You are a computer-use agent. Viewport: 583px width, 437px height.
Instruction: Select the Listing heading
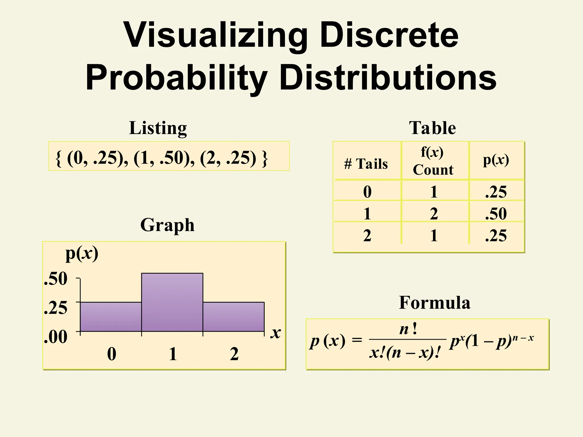pos(158,128)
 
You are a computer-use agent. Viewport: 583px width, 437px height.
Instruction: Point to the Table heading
pos(432,128)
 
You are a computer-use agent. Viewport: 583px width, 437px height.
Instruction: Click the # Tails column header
pos(366,164)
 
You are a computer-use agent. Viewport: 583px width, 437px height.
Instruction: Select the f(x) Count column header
pos(433,161)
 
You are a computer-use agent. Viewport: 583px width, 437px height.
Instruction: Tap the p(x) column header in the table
pos(496,160)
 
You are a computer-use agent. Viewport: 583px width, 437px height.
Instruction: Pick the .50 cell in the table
pos(496,214)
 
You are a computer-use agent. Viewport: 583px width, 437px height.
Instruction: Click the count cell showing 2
pos(434,214)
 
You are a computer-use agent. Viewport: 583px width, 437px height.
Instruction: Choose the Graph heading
pos(167,225)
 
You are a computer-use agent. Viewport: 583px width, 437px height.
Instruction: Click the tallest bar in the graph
pos(172,302)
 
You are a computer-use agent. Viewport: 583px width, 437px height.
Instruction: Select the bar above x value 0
pos(111,317)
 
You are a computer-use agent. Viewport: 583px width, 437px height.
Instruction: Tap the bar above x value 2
pos(233,317)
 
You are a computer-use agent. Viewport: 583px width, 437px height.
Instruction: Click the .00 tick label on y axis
pos(56,337)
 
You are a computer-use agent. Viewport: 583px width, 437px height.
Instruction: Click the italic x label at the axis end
pos(276,333)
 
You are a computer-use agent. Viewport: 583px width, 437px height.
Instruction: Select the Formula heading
pos(434,302)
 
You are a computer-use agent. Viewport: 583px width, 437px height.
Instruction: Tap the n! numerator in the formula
pos(408,329)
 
